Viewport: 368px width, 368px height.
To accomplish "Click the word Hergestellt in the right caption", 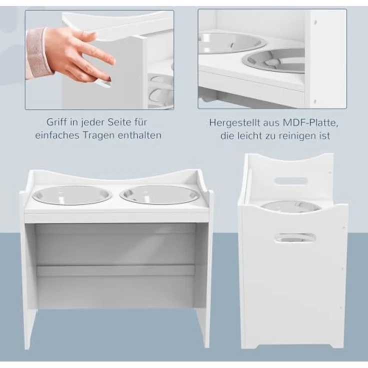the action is pos(234,123).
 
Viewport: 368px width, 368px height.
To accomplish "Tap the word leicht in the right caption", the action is pos(249,136).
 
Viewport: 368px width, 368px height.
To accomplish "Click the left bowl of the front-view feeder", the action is pos(72,194).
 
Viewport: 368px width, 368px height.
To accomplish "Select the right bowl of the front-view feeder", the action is pos(159,194).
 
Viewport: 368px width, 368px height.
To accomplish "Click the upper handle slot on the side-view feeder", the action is pos(291,180).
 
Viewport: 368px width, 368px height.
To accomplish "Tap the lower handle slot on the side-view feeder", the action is pos(295,237).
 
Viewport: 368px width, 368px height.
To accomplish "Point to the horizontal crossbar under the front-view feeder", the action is pos(115,270).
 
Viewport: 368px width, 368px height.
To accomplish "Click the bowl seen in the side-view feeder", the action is pos(291,206).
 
